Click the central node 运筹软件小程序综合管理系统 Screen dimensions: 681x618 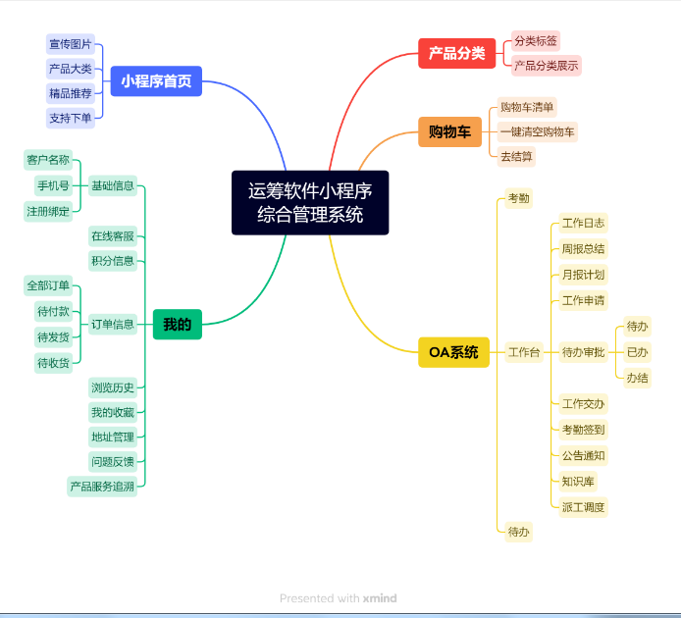(310, 203)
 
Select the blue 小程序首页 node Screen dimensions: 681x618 (156, 81)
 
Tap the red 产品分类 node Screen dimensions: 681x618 (457, 53)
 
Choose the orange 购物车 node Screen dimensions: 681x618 (450, 131)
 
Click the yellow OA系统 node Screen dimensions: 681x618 (454, 352)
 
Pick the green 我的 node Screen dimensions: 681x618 (178, 325)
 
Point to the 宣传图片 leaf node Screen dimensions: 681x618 (71, 44)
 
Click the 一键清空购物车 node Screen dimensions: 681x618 (538, 132)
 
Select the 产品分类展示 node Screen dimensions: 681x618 (547, 66)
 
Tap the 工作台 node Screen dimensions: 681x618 (524, 352)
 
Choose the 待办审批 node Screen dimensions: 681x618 (583, 352)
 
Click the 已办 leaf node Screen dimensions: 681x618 (637, 352)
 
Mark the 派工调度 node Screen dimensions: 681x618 (583, 507)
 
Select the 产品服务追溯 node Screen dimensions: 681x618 (102, 487)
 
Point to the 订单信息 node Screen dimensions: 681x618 (113, 325)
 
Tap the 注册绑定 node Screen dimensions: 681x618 (48, 212)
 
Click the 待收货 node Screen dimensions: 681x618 (53, 363)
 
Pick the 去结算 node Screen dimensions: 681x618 (516, 156)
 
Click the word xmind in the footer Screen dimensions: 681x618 (380, 598)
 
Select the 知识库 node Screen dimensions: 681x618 (578, 482)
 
